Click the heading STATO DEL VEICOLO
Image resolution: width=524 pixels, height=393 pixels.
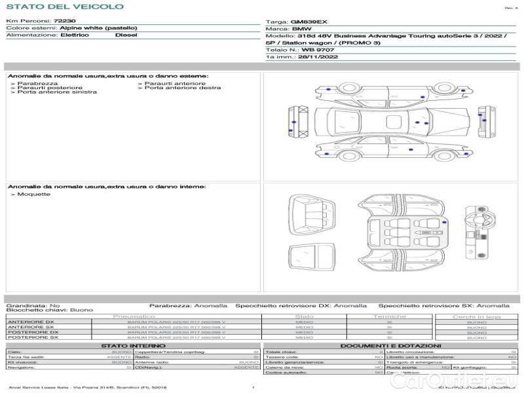coord(64,7)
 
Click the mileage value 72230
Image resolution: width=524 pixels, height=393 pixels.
coord(64,22)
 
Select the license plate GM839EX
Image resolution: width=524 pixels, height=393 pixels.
coord(309,22)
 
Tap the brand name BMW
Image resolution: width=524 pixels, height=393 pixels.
coord(301,29)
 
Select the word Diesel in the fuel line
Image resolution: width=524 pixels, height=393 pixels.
coord(126,35)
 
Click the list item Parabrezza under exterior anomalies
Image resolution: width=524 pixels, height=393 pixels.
coord(37,84)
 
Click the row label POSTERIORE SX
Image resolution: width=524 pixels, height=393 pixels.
coord(33,337)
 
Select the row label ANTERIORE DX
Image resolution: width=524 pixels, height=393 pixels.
coord(31,322)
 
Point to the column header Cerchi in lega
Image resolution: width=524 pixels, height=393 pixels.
coord(476,317)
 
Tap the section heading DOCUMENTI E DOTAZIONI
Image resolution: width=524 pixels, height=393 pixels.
coord(390,346)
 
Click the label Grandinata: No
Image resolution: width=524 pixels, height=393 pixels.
coord(33,305)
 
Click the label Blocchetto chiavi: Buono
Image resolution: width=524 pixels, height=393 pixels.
coord(49,310)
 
